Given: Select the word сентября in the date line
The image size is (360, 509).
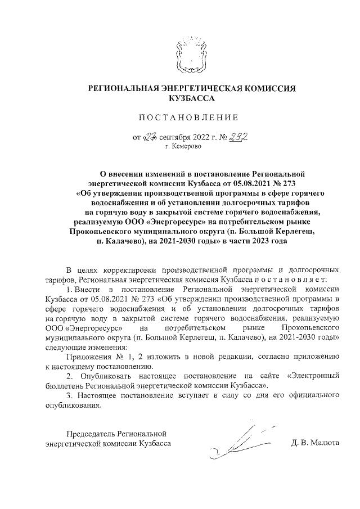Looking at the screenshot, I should point(178,137).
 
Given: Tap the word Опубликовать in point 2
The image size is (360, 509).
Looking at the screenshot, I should point(107,375).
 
